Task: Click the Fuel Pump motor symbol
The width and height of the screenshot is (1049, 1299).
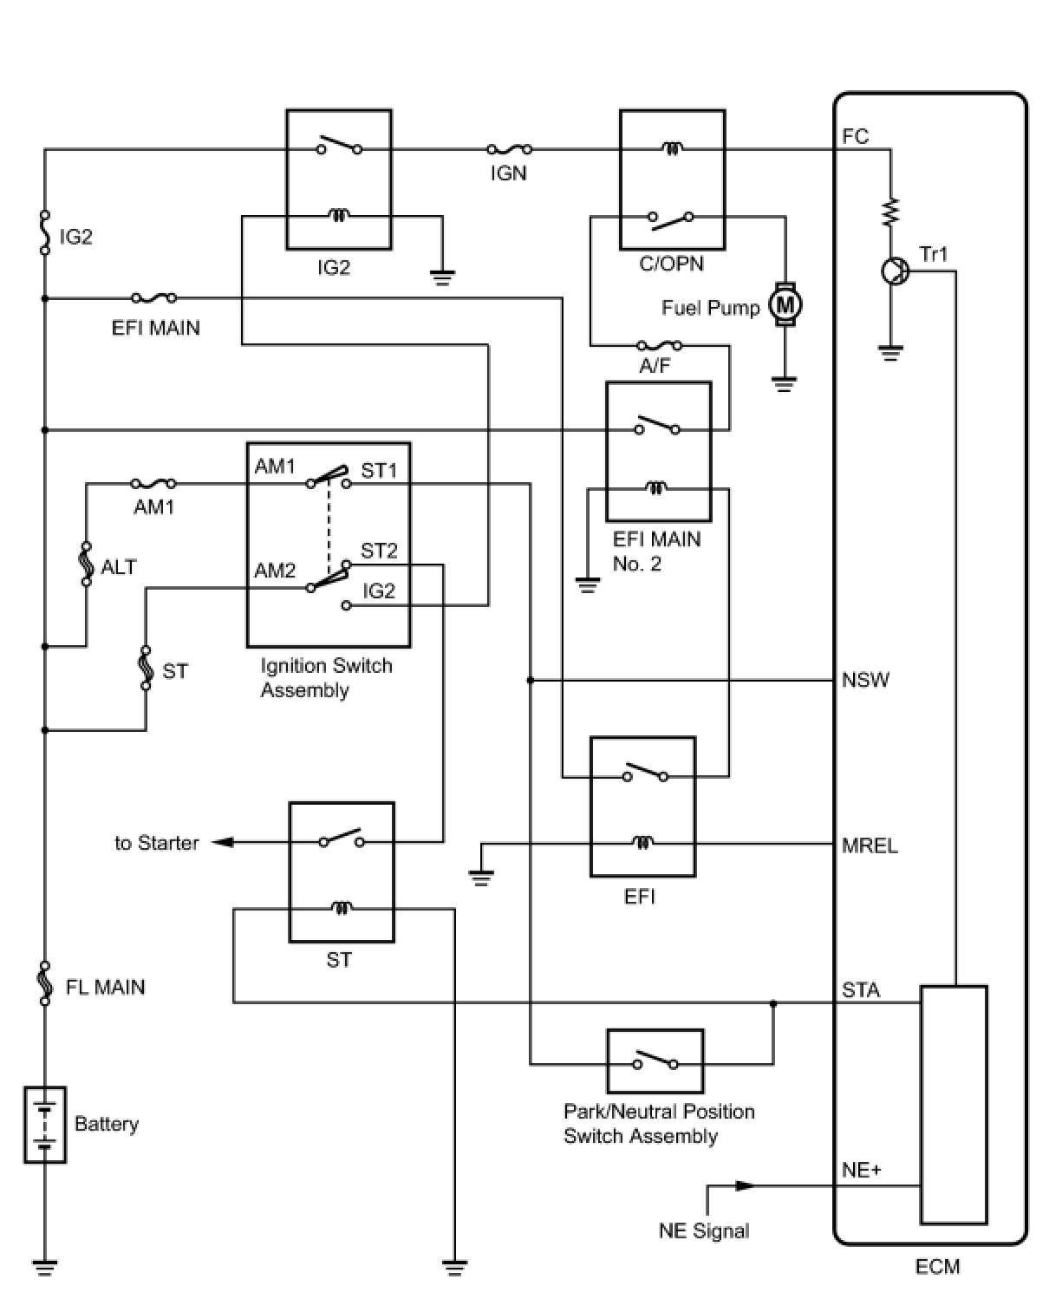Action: (785, 304)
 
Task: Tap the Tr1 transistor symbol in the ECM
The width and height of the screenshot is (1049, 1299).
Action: (893, 271)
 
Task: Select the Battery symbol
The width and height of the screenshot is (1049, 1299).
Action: (44, 1124)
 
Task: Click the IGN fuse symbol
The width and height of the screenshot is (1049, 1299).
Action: (509, 150)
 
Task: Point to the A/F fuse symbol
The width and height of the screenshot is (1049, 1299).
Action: (659, 346)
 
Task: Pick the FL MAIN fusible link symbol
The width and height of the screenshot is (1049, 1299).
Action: (45, 984)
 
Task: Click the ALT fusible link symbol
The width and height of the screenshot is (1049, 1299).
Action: (86, 565)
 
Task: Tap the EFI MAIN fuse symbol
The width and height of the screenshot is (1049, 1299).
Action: (153, 298)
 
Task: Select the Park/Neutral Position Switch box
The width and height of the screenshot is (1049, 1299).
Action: (655, 1061)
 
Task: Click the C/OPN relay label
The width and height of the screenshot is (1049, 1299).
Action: (671, 264)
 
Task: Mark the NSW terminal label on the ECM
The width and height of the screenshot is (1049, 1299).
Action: (865, 680)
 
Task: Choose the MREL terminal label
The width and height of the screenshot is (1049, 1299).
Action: (870, 845)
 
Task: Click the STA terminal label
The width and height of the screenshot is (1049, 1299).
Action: (861, 990)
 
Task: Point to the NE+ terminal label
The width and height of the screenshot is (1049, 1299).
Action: (862, 1170)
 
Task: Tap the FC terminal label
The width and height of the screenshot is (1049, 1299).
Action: (855, 137)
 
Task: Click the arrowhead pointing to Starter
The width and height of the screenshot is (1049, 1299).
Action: (223, 842)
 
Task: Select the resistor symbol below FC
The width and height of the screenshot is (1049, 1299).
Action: (890, 212)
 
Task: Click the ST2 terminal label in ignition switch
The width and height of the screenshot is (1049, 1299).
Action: (379, 551)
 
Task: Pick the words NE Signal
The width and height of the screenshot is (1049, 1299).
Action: (704, 1230)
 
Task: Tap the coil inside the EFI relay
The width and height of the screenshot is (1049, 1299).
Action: (642, 842)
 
